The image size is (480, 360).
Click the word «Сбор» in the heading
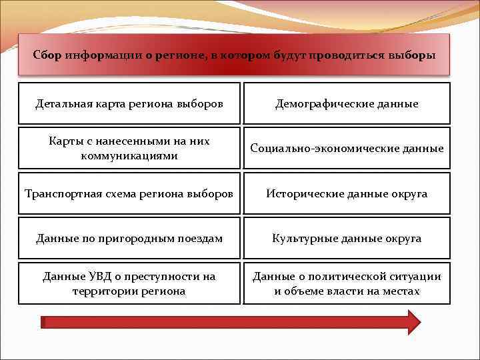47,55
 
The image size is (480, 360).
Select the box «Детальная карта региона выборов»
129,103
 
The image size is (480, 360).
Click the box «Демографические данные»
347,103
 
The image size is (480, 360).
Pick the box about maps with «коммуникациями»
129,148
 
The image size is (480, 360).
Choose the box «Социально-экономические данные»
347,148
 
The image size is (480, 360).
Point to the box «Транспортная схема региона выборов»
129,193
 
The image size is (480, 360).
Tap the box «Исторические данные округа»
347,193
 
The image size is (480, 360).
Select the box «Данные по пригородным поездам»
129,238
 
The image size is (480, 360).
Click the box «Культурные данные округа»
347,238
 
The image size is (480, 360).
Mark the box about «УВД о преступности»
129,283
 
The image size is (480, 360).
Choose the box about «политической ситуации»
347,283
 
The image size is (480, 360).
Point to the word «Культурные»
301,238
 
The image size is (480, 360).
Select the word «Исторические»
305,193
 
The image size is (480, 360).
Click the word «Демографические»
317,103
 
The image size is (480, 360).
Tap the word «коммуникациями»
129,155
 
